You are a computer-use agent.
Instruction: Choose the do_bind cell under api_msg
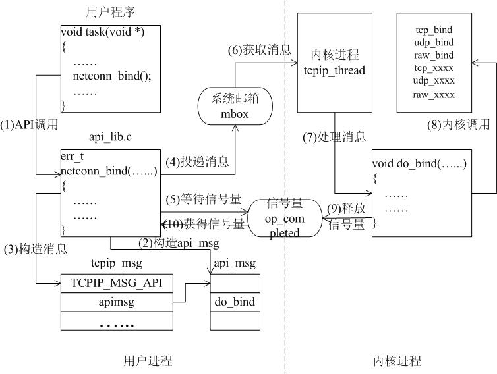[235, 302]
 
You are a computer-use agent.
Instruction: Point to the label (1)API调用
[29, 124]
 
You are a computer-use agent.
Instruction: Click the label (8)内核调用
[455, 124]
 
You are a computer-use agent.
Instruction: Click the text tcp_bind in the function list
[434, 30]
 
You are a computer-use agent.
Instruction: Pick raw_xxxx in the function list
[434, 95]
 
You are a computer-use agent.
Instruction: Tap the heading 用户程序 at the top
[111, 12]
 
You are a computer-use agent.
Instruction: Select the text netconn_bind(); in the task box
[112, 76]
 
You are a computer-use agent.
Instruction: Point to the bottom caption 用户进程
[148, 361]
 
